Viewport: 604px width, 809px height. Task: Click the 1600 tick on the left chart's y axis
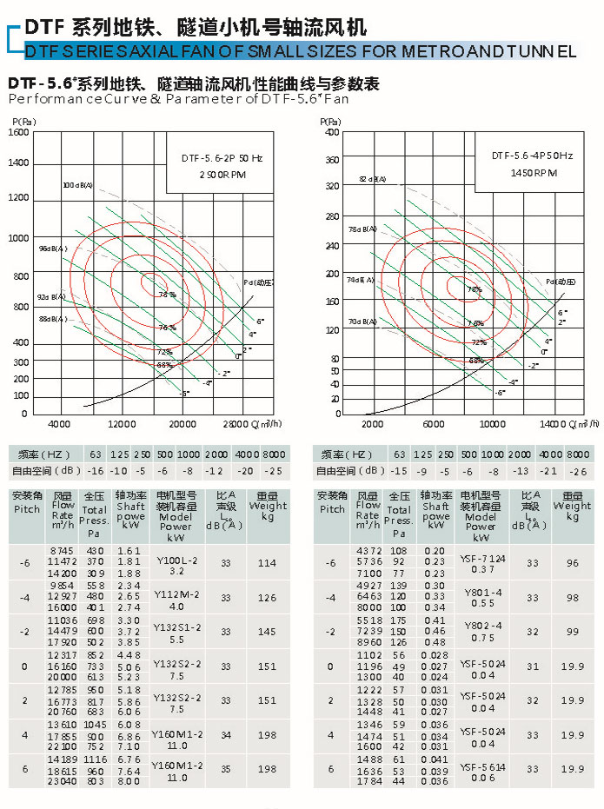(x=18, y=133)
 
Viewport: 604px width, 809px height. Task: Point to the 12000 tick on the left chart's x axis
(x=122, y=423)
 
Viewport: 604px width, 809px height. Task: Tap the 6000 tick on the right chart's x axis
(x=433, y=423)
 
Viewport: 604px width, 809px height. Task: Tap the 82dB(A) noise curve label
(x=372, y=179)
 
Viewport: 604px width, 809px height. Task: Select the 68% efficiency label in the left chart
(x=164, y=365)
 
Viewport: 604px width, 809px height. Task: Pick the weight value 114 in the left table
(x=267, y=563)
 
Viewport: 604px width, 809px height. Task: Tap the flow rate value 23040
(x=63, y=781)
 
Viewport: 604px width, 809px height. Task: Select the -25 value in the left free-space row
(x=274, y=470)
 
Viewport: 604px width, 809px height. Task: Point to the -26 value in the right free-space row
(x=577, y=470)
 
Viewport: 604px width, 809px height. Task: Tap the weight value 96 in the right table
(x=572, y=563)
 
